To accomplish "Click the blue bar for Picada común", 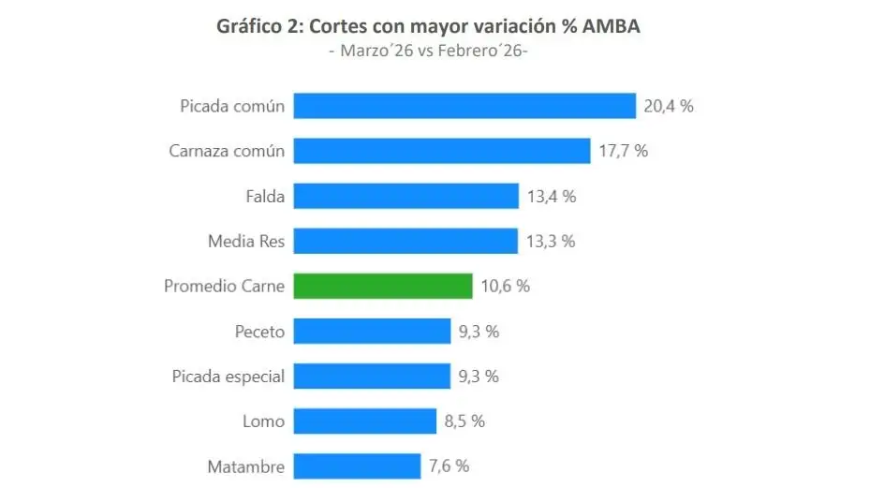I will coord(464,106).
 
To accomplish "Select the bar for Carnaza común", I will coord(442,151).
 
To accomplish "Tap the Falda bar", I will coord(406,196).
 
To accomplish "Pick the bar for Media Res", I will coord(406,241).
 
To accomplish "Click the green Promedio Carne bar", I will coord(383,286).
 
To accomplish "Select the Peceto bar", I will coord(372,331).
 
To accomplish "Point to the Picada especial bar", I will coord(372,376).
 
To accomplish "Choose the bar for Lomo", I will coord(365,421).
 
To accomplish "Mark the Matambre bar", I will coord(357,466).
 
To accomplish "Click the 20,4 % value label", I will coord(669,106).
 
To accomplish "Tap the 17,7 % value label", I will coord(623,151).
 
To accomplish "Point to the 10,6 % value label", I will coord(505,286).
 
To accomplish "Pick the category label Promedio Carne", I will coord(224,286).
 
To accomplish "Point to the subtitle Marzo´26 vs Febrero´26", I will coord(429,50).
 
